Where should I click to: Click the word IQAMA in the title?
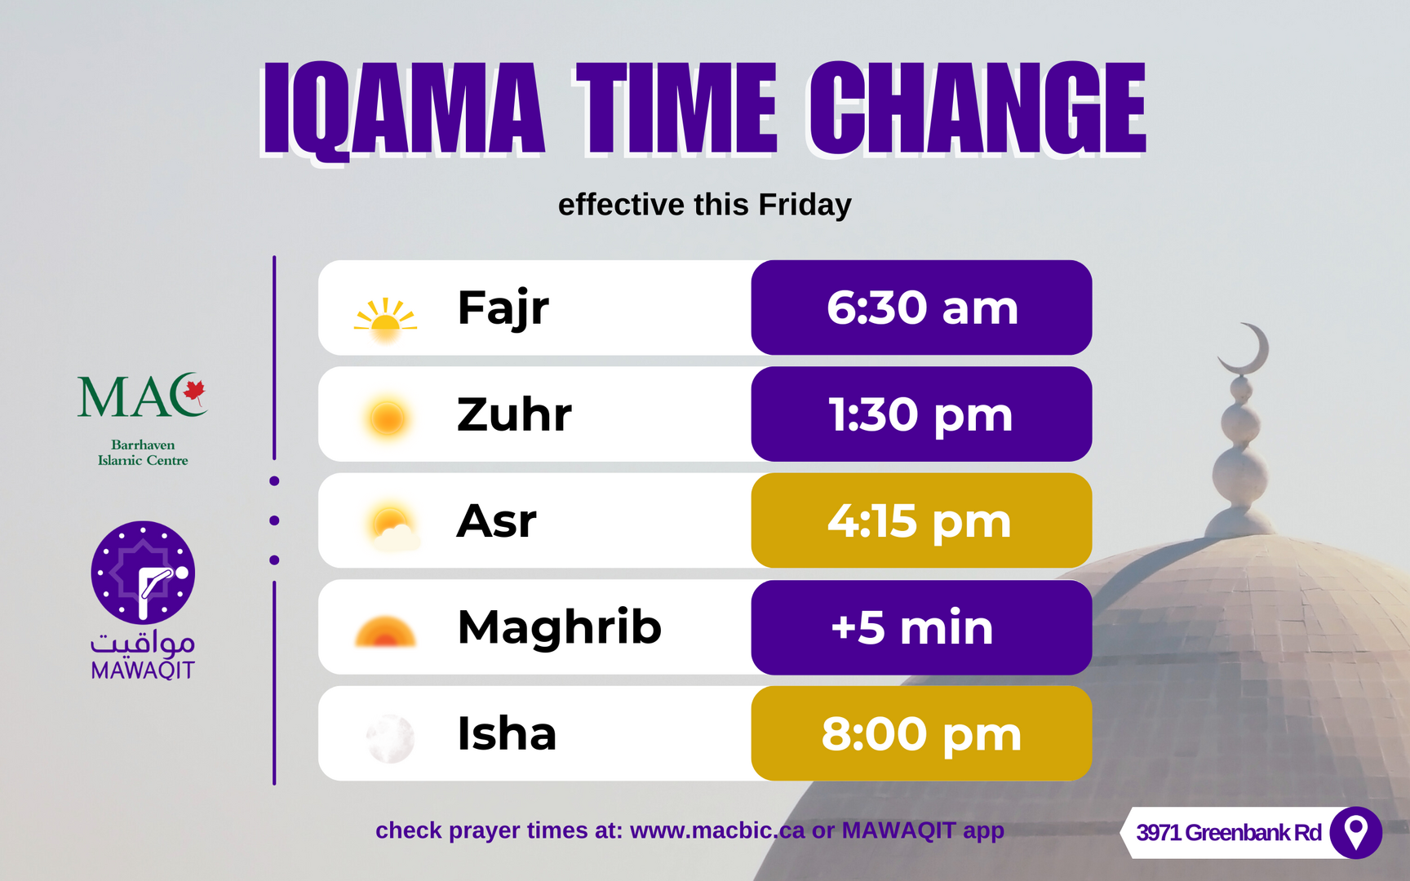(403, 108)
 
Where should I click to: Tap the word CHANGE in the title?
(978, 108)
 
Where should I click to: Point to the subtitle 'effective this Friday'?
(705, 205)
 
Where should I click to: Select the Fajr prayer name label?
(503, 308)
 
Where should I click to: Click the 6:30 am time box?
(921, 308)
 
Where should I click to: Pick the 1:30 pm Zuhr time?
(921, 414)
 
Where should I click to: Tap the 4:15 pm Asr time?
(921, 520)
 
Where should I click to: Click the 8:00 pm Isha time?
(921, 733)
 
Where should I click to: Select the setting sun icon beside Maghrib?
(385, 632)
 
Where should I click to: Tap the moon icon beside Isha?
(390, 738)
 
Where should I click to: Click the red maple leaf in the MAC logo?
(194, 392)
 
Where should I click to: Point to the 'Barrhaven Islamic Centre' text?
(143, 453)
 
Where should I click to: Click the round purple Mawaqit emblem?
(143, 573)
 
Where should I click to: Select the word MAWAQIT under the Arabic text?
(143, 671)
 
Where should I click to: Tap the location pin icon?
(1355, 833)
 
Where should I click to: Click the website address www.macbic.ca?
(717, 830)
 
